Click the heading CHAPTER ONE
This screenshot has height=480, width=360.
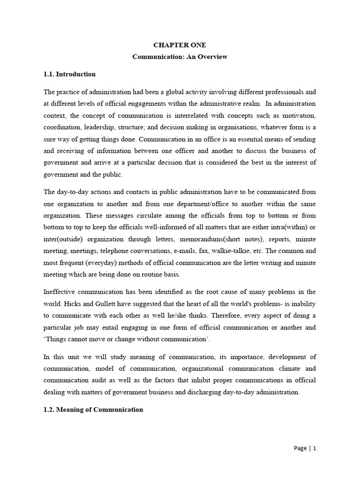(x=180, y=45)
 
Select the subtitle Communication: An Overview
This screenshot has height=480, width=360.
(x=180, y=57)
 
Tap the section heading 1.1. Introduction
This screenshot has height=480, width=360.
(x=69, y=74)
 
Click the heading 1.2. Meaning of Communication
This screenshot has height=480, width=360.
(x=93, y=409)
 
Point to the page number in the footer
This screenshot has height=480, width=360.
(x=305, y=448)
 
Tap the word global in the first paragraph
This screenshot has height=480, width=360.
(x=179, y=91)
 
